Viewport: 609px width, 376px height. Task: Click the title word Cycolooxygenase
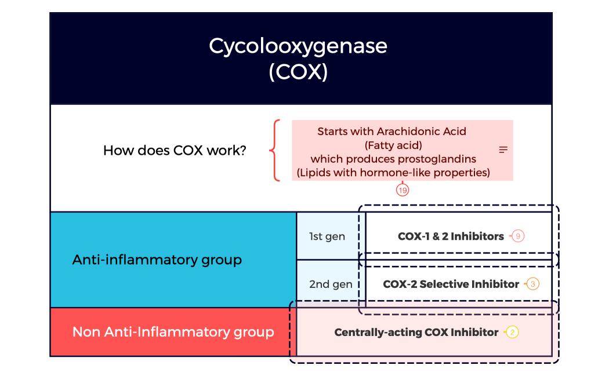pyautogui.click(x=298, y=46)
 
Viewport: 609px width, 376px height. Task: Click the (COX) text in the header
pyautogui.click(x=298, y=72)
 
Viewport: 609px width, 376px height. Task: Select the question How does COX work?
pyautogui.click(x=175, y=151)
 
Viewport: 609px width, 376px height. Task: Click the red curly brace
pyautogui.click(x=275, y=151)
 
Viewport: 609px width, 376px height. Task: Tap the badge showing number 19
pyautogui.click(x=403, y=189)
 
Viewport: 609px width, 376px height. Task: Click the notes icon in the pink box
pyautogui.click(x=503, y=150)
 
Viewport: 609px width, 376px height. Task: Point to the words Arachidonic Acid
pyautogui.click(x=422, y=132)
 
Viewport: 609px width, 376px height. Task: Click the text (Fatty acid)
pyautogui.click(x=393, y=145)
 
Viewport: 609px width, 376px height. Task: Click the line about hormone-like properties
pyautogui.click(x=393, y=172)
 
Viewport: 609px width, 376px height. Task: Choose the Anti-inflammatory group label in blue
pyautogui.click(x=157, y=260)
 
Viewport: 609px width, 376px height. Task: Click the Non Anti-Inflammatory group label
pyautogui.click(x=173, y=332)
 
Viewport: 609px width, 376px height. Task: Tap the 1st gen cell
pyautogui.click(x=327, y=236)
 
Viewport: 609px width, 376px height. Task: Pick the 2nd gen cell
pyautogui.click(x=330, y=284)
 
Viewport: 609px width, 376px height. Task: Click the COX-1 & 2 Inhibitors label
pyautogui.click(x=451, y=236)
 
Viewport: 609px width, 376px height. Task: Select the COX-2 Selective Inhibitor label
pyautogui.click(x=451, y=284)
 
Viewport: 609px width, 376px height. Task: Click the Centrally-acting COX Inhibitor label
pyautogui.click(x=416, y=333)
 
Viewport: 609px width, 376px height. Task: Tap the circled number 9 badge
pyautogui.click(x=518, y=236)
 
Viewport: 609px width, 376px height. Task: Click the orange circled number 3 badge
pyautogui.click(x=533, y=284)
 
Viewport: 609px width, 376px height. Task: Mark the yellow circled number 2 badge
pyautogui.click(x=512, y=333)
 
